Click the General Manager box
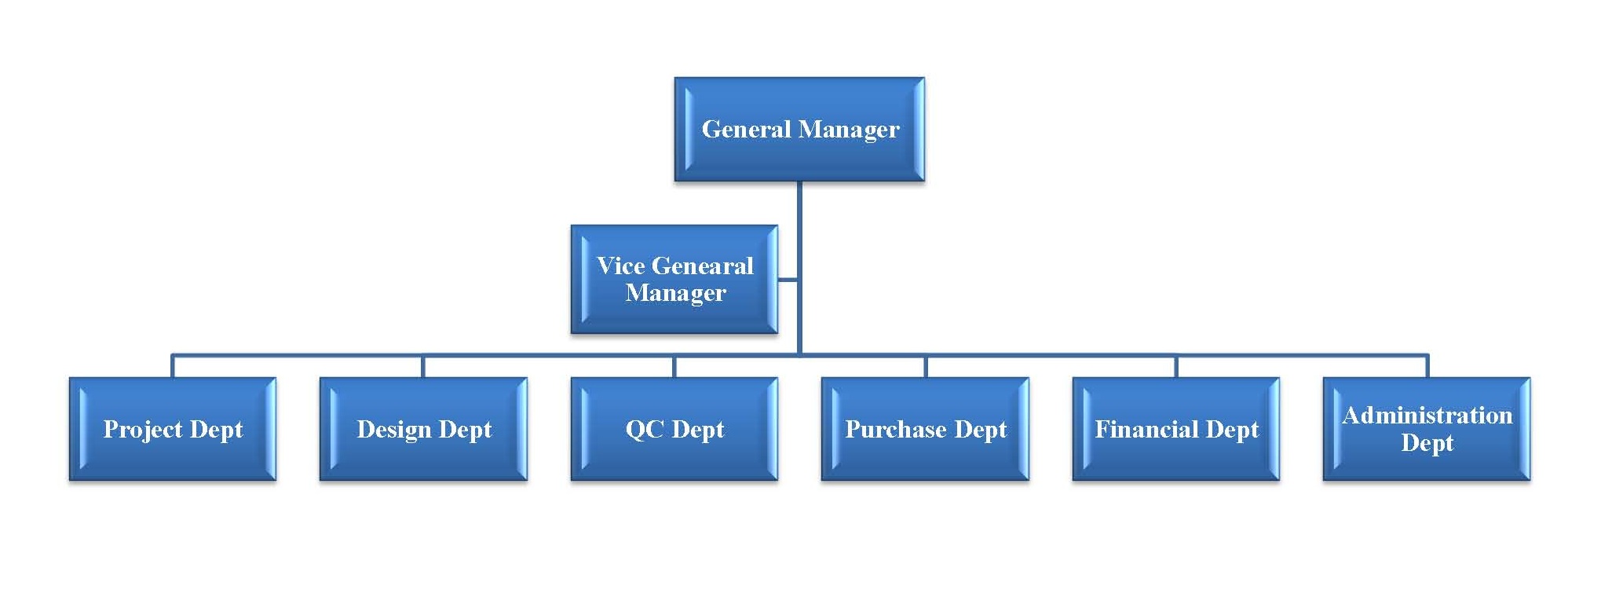click(x=799, y=130)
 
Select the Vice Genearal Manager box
click(x=674, y=279)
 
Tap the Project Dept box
click(x=173, y=429)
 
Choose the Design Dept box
click(x=423, y=429)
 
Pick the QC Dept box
click(x=674, y=429)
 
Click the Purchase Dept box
click(x=925, y=429)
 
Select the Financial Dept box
click(x=1176, y=429)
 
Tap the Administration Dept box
click(x=1427, y=429)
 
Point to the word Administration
click(x=1427, y=415)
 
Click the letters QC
click(x=645, y=430)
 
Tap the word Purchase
click(x=896, y=430)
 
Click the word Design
click(x=393, y=430)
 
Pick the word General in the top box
click(x=746, y=129)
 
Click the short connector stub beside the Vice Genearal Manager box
click(x=788, y=279)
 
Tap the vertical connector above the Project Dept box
click(x=173, y=366)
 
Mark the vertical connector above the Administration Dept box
click(x=1427, y=366)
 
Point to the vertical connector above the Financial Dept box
click(x=1176, y=366)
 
